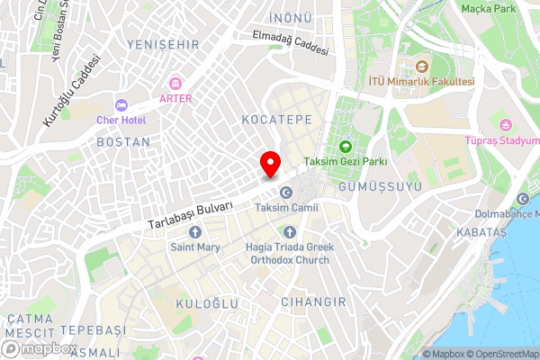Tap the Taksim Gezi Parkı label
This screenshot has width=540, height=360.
coord(345,161)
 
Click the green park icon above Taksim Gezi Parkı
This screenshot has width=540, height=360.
coord(345,146)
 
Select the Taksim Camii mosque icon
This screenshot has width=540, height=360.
coord(286,193)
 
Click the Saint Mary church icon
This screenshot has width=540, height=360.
coord(195,232)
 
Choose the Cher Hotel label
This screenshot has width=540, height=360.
coord(121,118)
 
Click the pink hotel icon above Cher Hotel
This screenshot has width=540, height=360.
coord(121,103)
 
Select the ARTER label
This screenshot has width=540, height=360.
coord(175,98)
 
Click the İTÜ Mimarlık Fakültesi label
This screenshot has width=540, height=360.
coord(421,81)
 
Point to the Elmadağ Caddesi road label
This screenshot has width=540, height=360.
coord(291,44)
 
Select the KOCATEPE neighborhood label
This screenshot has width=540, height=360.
coord(264,119)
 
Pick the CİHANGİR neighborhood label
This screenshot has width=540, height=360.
coord(313,301)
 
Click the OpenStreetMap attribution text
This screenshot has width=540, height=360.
coord(500,353)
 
